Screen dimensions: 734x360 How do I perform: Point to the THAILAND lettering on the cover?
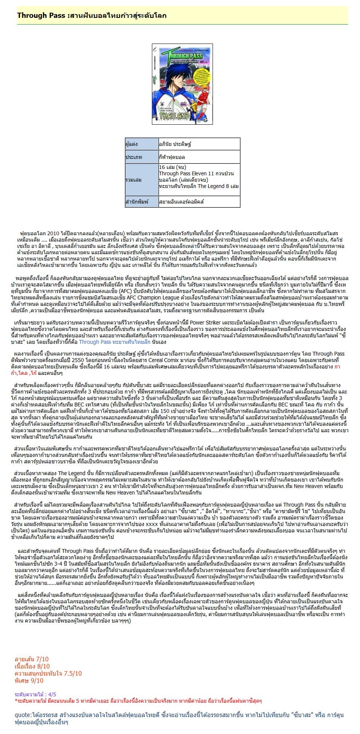(174, 116)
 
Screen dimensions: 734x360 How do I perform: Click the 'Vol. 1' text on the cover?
(203, 66)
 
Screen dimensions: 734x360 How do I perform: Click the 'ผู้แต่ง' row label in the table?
(131, 144)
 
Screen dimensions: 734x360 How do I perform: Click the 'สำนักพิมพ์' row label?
(137, 202)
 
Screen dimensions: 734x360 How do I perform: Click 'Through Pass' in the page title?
(41, 15)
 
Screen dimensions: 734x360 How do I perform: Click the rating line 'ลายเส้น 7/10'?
(32, 659)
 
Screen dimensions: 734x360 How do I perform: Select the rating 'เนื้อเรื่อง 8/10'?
(32, 666)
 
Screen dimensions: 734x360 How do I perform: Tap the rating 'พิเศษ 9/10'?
(29, 680)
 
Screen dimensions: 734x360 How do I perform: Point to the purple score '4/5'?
(52, 694)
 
